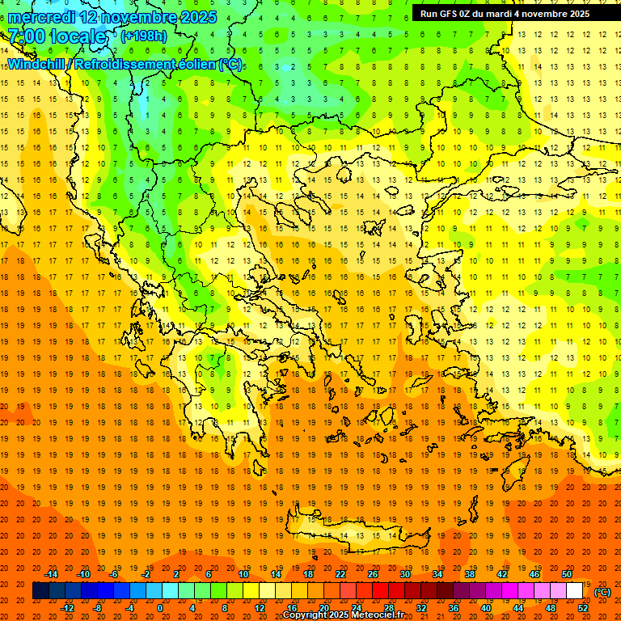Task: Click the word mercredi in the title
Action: [x=41, y=17]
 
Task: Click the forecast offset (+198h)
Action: [x=145, y=36]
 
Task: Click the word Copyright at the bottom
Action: [x=306, y=615]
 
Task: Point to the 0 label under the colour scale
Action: [x=160, y=607]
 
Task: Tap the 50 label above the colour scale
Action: [x=566, y=574]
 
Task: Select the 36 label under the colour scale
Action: [x=454, y=607]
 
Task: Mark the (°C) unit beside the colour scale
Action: [x=602, y=592]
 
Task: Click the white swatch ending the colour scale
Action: [x=574, y=591]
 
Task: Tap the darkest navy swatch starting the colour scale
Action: [x=40, y=591]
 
